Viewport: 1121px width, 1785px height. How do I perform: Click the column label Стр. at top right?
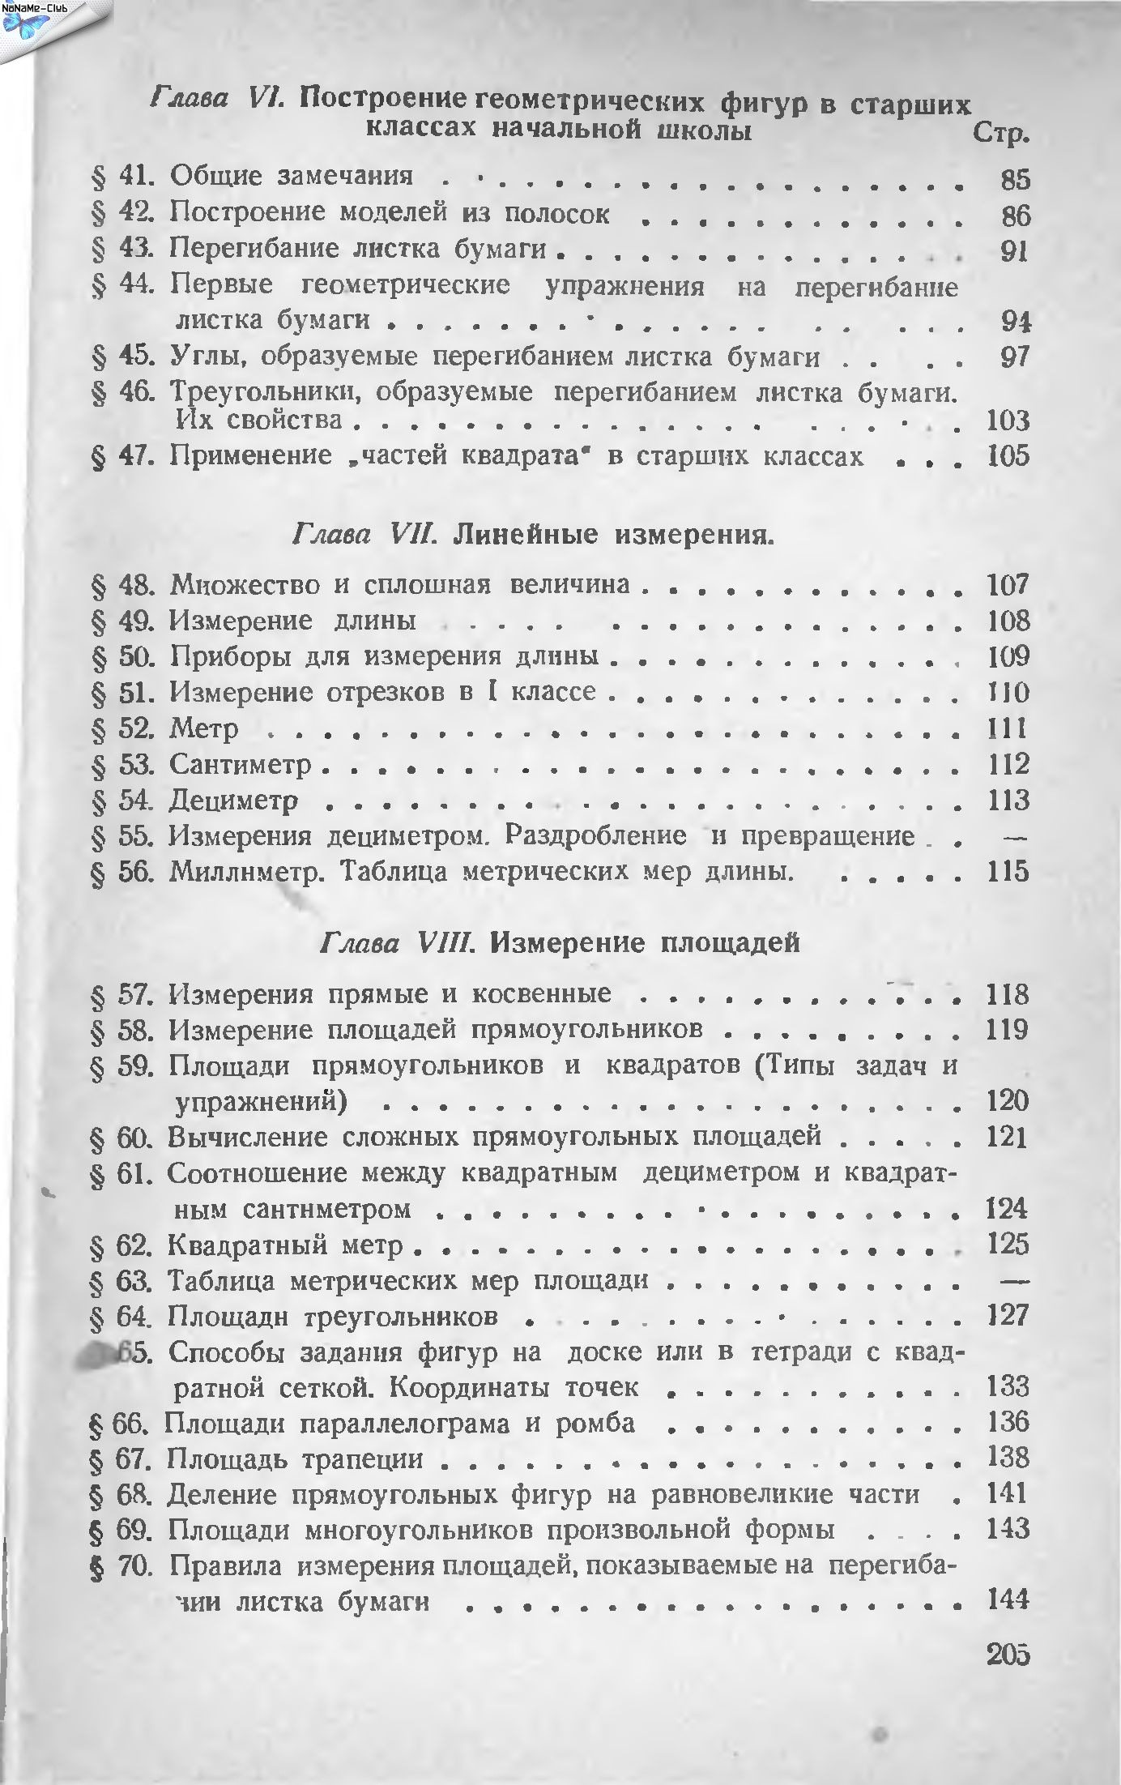coord(1002,134)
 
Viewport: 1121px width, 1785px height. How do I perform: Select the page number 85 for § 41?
coord(1014,178)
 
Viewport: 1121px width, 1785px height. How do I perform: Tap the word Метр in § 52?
coord(204,728)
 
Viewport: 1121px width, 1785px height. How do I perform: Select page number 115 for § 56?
coord(1008,872)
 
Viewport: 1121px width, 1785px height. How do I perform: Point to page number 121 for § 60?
coord(1008,1138)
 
